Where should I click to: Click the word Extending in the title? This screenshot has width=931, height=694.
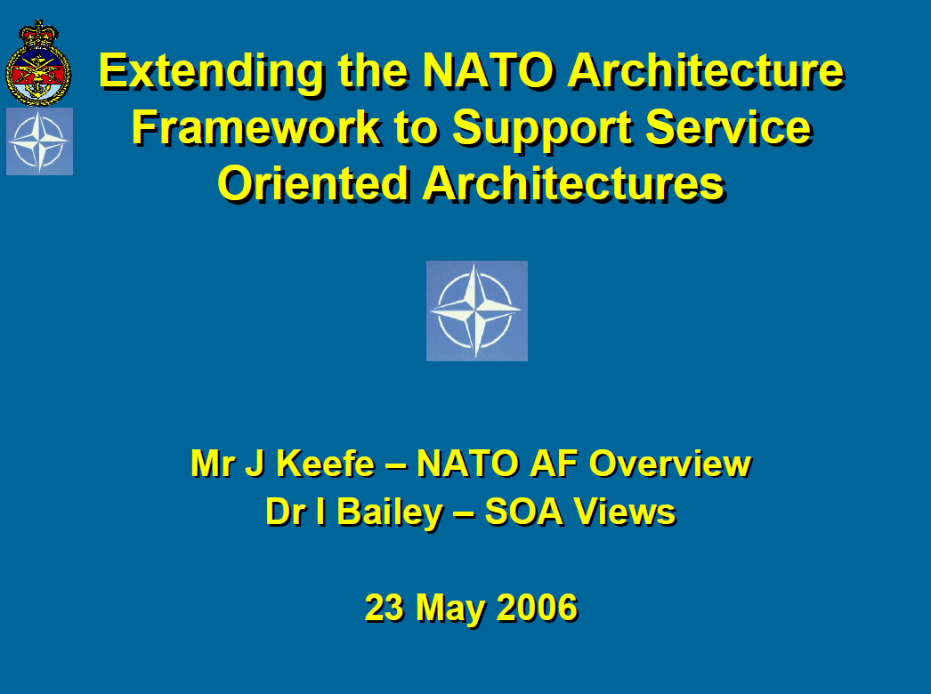pyautogui.click(x=211, y=72)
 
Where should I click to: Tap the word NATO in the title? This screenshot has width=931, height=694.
pyautogui.click(x=488, y=71)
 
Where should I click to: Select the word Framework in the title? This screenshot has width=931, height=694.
pyautogui.click(x=256, y=127)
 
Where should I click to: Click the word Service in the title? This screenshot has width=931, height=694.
pyautogui.click(x=729, y=127)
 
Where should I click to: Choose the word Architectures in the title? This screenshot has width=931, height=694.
pyautogui.click(x=574, y=183)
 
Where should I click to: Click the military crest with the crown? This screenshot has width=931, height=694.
pyautogui.click(x=38, y=63)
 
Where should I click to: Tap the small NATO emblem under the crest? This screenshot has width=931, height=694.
pyautogui.click(x=40, y=141)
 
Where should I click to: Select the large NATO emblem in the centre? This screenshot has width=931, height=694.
pyautogui.click(x=477, y=311)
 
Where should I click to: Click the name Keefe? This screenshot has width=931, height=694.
pyautogui.click(x=326, y=463)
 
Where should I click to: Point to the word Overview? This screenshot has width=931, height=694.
pyautogui.click(x=670, y=463)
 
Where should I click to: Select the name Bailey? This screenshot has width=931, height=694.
pyautogui.click(x=390, y=512)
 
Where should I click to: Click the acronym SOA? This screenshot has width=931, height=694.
pyautogui.click(x=523, y=512)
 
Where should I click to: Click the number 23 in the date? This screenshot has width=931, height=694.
pyautogui.click(x=385, y=608)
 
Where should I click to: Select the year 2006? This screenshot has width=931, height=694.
pyautogui.click(x=537, y=608)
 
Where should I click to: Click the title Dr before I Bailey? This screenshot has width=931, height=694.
pyautogui.click(x=286, y=512)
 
